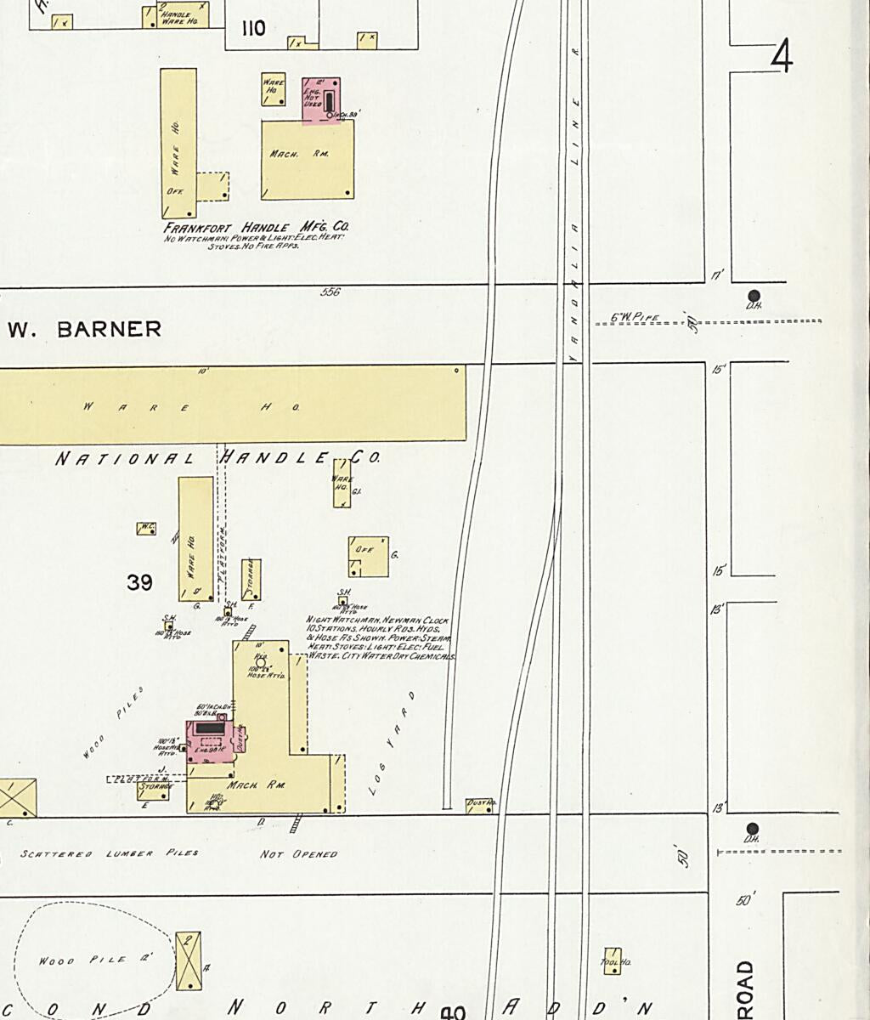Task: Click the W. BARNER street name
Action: pos(85,329)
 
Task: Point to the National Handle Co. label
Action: pos(217,458)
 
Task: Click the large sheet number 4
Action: pos(782,57)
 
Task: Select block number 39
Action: pos(139,582)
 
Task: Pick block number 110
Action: pos(253,29)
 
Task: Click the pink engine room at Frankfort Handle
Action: pos(322,100)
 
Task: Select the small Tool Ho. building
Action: pos(613,960)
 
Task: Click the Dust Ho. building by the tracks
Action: pos(479,805)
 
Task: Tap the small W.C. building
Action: pos(146,528)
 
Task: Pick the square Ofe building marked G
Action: pos(368,557)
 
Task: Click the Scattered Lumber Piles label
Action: pos(110,853)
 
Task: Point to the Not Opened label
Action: pos(298,853)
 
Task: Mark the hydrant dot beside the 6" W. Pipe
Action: pos(753,296)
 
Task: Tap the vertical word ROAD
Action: pos(746,989)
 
